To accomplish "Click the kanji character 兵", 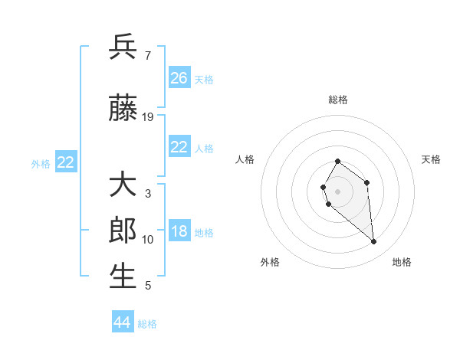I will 123,47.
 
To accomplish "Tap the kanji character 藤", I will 123,109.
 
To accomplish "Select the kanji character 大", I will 123,186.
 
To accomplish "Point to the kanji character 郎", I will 123,231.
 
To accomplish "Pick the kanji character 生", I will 123,276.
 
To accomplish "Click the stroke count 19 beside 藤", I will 148,117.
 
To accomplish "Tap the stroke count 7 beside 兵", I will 147,55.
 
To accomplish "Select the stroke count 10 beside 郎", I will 148,240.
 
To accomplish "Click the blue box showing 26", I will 179,78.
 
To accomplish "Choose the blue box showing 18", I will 179,232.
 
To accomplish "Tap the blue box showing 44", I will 122,322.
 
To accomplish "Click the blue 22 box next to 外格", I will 65,162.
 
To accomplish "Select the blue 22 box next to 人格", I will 179,147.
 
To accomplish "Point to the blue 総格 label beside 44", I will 147,324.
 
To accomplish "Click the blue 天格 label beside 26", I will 204,79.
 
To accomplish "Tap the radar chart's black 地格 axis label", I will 402,262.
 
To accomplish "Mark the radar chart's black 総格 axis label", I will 338,100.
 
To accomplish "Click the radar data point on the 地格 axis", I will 374,242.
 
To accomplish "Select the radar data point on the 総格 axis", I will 337,162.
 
